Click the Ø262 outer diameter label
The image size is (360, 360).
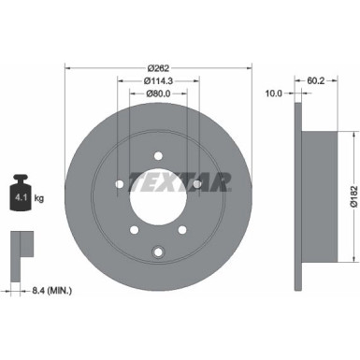pyautogui.click(x=158, y=67)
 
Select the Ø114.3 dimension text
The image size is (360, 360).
pyautogui.click(x=158, y=81)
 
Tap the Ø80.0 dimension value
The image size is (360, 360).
pyautogui.click(x=158, y=94)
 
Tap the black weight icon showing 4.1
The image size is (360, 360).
pyautogui.click(x=22, y=194)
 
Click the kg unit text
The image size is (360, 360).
pyautogui.click(x=41, y=198)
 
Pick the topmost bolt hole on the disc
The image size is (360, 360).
pyautogui.click(x=158, y=154)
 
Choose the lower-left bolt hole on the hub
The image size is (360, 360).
pyautogui.click(x=133, y=231)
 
